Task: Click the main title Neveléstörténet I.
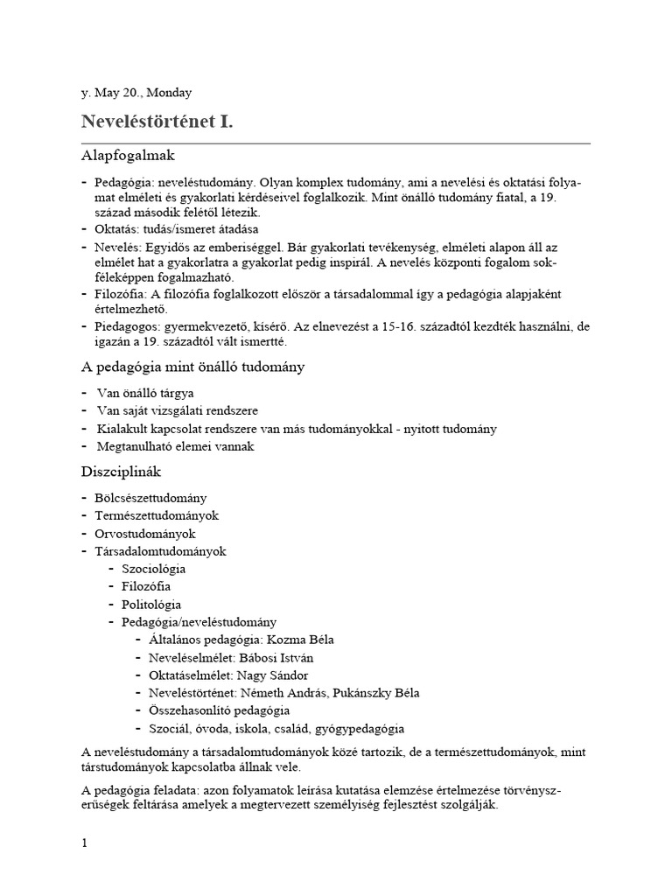pos(157,122)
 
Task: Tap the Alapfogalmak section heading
pos(129,156)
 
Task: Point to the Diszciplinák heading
pos(121,472)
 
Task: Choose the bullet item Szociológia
pos(153,569)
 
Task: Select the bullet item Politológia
pos(151,605)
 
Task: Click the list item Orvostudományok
pos(144,533)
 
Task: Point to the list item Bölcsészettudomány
pos(150,498)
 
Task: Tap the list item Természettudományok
pos(156,515)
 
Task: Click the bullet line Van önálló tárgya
pos(145,393)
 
